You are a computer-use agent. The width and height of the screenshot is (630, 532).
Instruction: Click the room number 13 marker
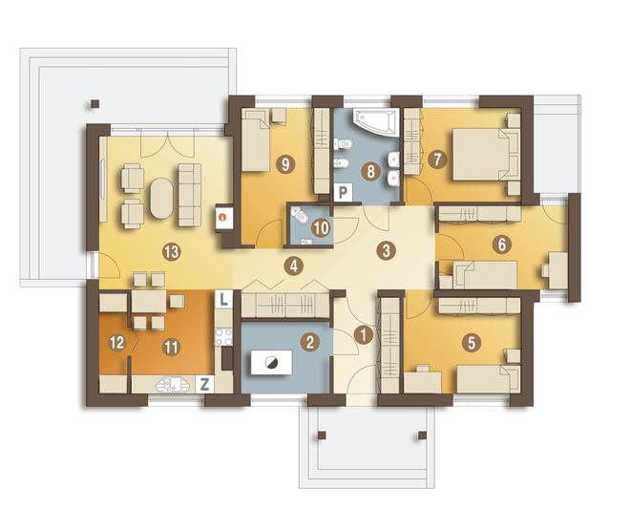[x=171, y=252]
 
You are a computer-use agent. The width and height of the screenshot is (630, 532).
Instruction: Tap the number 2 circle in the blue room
[x=310, y=342]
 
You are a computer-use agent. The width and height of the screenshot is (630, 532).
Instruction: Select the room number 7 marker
[x=437, y=160]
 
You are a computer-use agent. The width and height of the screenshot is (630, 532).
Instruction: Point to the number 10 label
[x=321, y=228]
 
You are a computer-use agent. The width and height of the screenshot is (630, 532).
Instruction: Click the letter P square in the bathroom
[x=343, y=192]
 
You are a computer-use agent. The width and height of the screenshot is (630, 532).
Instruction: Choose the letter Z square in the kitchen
[x=204, y=384]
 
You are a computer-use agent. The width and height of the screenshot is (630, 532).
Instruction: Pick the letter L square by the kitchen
[x=223, y=299]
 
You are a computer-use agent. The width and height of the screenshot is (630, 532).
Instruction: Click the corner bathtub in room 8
[x=375, y=121]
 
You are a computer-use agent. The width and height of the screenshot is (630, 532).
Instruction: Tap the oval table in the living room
[x=161, y=199]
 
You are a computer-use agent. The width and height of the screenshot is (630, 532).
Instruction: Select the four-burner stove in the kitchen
[x=223, y=337]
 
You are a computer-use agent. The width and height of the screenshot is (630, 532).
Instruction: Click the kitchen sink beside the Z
[x=173, y=385]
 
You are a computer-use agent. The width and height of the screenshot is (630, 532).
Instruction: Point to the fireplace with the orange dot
[x=223, y=218]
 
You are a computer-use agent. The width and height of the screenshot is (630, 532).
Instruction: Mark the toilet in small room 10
[x=300, y=215]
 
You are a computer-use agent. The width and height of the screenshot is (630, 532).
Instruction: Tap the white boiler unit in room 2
[x=271, y=363]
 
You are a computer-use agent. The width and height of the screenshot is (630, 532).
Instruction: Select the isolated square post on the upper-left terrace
[x=94, y=104]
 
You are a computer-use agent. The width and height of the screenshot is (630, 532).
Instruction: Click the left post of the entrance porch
[x=322, y=436]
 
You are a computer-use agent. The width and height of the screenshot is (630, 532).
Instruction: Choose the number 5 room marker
[x=472, y=343]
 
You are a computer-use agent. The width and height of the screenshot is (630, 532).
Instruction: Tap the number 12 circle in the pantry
[x=117, y=343]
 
